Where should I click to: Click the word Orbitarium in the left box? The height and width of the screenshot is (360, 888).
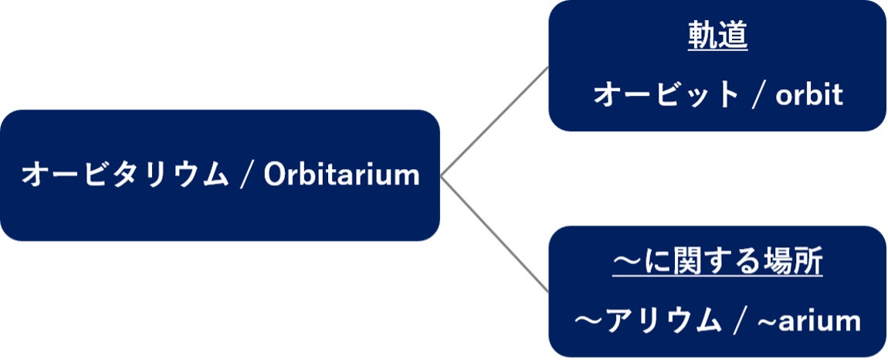341,175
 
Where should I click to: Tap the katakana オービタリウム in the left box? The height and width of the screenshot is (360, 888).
124,175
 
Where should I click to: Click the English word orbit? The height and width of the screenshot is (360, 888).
808,95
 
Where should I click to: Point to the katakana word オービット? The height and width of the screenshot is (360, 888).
666,95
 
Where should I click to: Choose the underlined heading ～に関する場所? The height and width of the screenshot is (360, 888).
717,263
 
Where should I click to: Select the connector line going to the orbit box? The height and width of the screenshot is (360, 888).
495,121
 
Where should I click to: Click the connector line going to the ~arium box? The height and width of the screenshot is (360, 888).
495,235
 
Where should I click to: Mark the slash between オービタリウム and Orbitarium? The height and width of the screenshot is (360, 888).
246,175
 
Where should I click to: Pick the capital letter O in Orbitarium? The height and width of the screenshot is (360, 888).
276,175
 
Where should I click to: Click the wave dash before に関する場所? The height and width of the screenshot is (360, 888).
626,263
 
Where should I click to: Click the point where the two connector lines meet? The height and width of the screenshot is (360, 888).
442,177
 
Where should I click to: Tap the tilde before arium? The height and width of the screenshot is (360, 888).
766,320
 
